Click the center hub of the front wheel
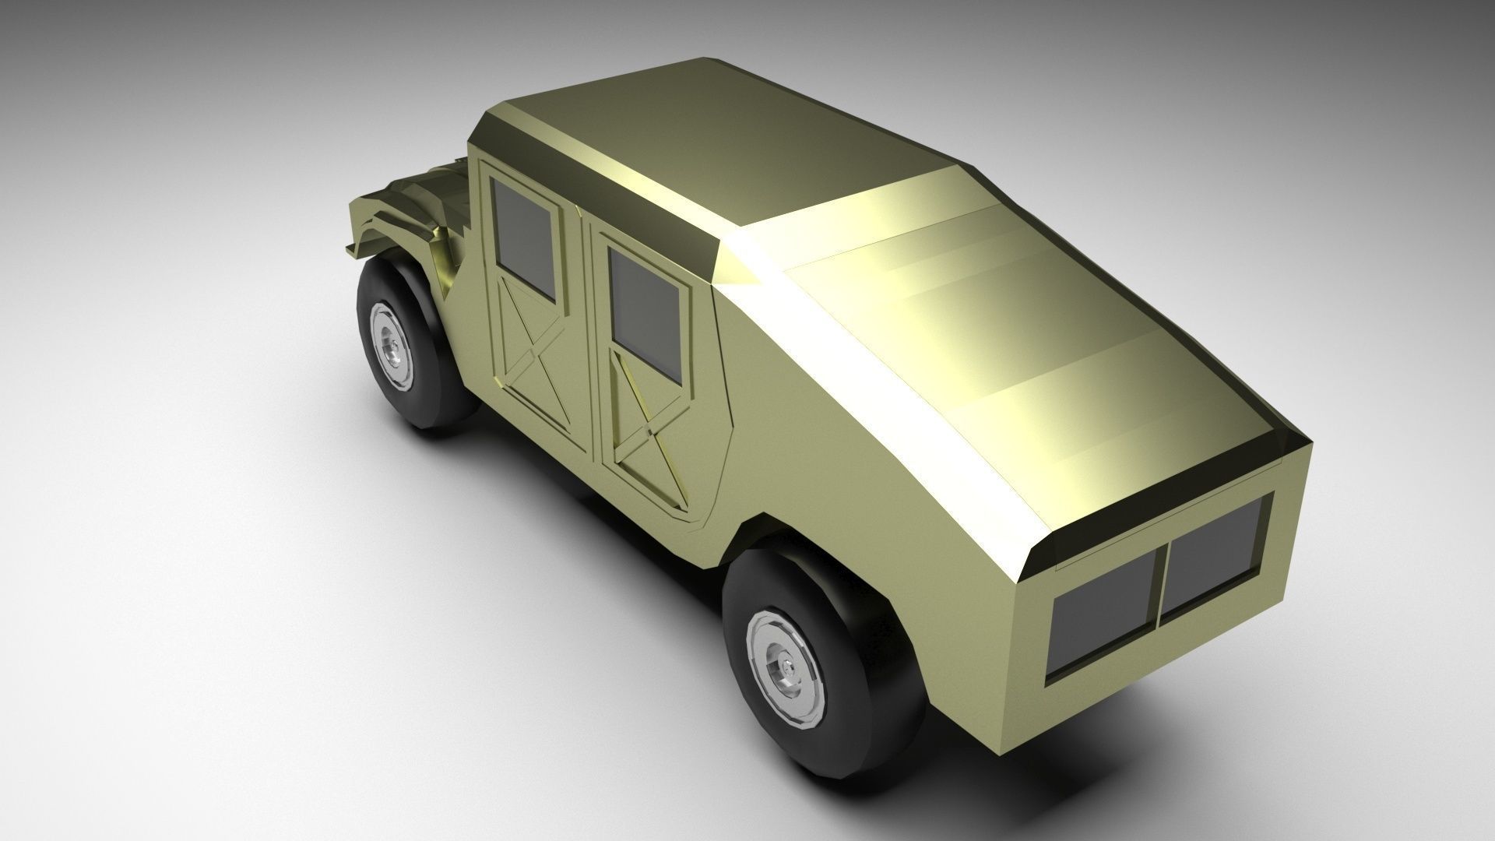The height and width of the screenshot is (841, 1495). click(392, 347)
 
